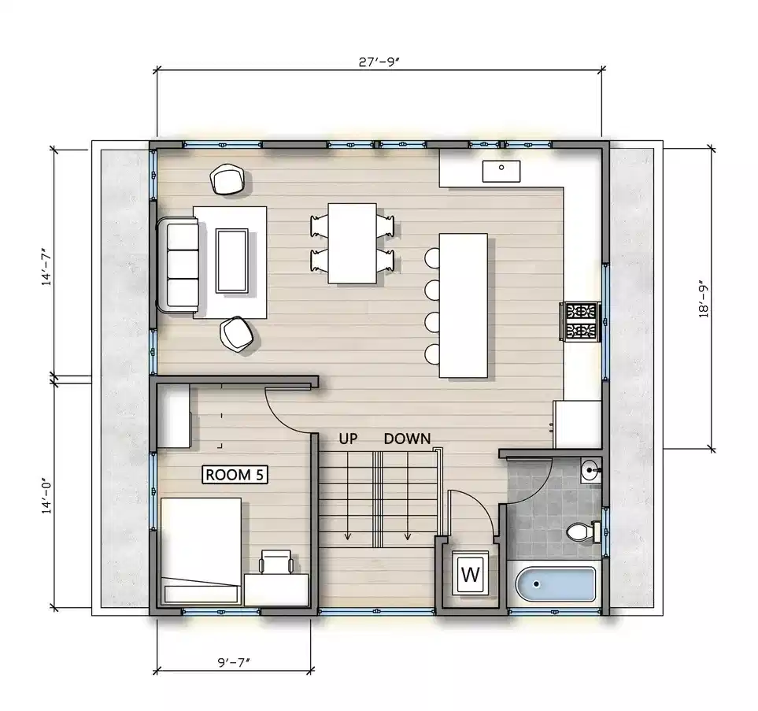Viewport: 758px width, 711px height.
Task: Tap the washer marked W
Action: [x=470, y=574]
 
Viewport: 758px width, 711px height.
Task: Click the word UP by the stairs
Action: [x=349, y=439]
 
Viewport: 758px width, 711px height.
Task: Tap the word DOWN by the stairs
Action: [x=407, y=439]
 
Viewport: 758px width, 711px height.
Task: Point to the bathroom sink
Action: [x=590, y=472]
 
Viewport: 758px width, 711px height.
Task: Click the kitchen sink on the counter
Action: [x=501, y=168]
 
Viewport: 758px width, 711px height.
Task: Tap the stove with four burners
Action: [x=580, y=321]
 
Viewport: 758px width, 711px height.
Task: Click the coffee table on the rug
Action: [x=232, y=260]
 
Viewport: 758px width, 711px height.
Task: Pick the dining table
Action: [x=352, y=242]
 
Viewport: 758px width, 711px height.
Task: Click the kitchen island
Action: [x=464, y=305]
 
